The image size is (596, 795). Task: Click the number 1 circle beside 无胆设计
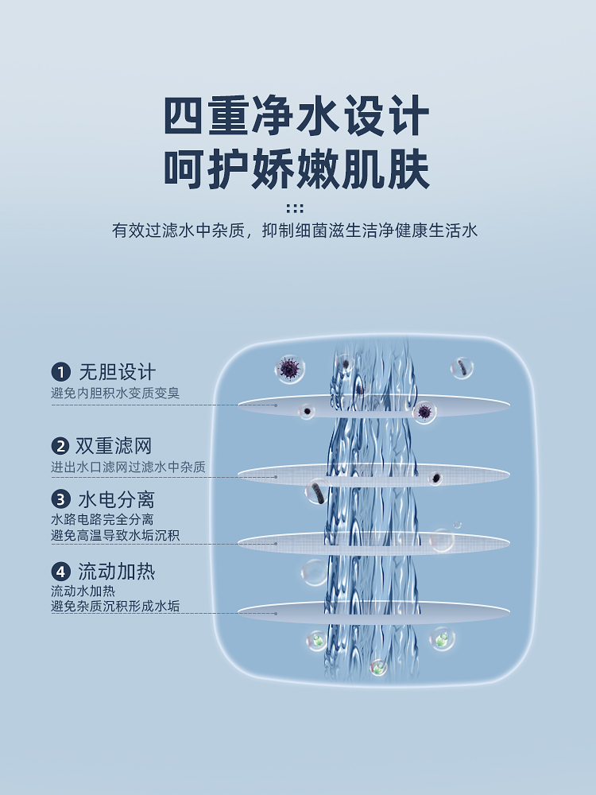click(x=61, y=372)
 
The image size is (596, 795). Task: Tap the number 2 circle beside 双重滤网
click(x=61, y=446)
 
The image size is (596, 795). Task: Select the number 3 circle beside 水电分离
click(x=61, y=499)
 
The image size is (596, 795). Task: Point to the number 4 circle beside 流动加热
click(x=61, y=572)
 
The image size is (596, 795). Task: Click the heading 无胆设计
click(x=117, y=372)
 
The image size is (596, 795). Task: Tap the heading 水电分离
click(x=116, y=499)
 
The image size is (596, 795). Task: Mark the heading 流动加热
click(x=116, y=572)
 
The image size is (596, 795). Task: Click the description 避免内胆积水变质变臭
click(x=121, y=393)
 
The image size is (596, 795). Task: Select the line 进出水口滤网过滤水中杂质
click(x=128, y=467)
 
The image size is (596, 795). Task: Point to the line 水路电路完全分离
click(x=103, y=520)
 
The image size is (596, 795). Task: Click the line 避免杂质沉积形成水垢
click(x=115, y=607)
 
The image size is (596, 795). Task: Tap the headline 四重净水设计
click(x=296, y=118)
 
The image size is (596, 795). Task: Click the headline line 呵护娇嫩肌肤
click(x=296, y=169)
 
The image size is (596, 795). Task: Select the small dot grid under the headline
click(x=295, y=208)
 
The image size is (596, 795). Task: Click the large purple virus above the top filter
click(x=288, y=368)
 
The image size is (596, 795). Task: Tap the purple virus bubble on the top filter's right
click(x=424, y=411)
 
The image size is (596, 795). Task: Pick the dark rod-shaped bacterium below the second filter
click(x=318, y=492)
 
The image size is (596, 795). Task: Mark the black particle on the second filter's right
click(x=435, y=478)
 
